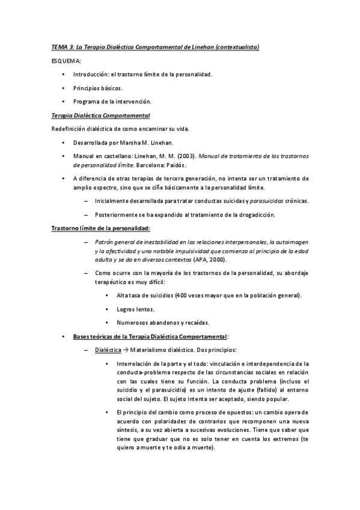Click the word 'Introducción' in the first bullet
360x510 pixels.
click(90, 75)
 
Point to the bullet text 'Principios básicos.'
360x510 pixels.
click(98, 88)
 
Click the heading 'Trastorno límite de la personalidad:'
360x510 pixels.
click(100, 228)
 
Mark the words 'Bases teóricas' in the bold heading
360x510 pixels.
click(92, 336)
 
